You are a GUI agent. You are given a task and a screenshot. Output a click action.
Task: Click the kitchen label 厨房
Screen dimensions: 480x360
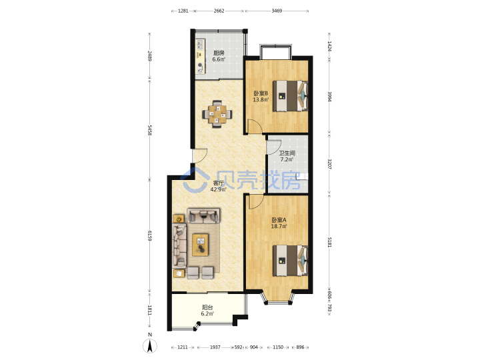[219, 53]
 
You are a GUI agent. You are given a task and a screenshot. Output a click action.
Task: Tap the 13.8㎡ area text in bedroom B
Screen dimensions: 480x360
[261, 99]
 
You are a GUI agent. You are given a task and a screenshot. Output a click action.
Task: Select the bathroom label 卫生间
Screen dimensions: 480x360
[287, 153]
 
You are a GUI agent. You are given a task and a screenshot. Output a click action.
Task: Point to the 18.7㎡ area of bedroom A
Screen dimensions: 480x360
[279, 226]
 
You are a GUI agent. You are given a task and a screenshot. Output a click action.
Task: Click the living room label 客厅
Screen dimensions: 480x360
[218, 183]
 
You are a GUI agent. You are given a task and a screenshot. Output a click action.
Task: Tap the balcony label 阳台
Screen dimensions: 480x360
[207, 307]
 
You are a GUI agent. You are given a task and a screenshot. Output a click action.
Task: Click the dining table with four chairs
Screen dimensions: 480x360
[217, 114]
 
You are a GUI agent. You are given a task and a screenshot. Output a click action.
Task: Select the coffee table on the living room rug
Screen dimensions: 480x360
[201, 245]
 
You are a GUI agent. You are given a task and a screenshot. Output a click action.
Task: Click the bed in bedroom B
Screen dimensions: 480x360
[290, 96]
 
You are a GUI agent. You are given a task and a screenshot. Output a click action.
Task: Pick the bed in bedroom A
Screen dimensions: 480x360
[290, 261]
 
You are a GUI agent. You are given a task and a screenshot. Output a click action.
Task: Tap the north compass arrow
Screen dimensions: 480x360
[150, 346]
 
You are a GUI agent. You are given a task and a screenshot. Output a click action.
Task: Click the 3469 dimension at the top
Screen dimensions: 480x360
[277, 11]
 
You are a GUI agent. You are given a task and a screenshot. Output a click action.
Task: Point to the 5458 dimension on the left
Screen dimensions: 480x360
[149, 130]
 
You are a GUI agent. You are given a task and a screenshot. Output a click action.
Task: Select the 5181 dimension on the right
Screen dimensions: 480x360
[329, 241]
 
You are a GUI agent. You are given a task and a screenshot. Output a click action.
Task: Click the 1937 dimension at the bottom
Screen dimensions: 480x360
[215, 347]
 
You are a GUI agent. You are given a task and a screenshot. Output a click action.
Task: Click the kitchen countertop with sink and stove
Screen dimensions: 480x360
[200, 56]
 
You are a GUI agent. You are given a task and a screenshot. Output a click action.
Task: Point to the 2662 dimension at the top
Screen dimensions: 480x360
[219, 11]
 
